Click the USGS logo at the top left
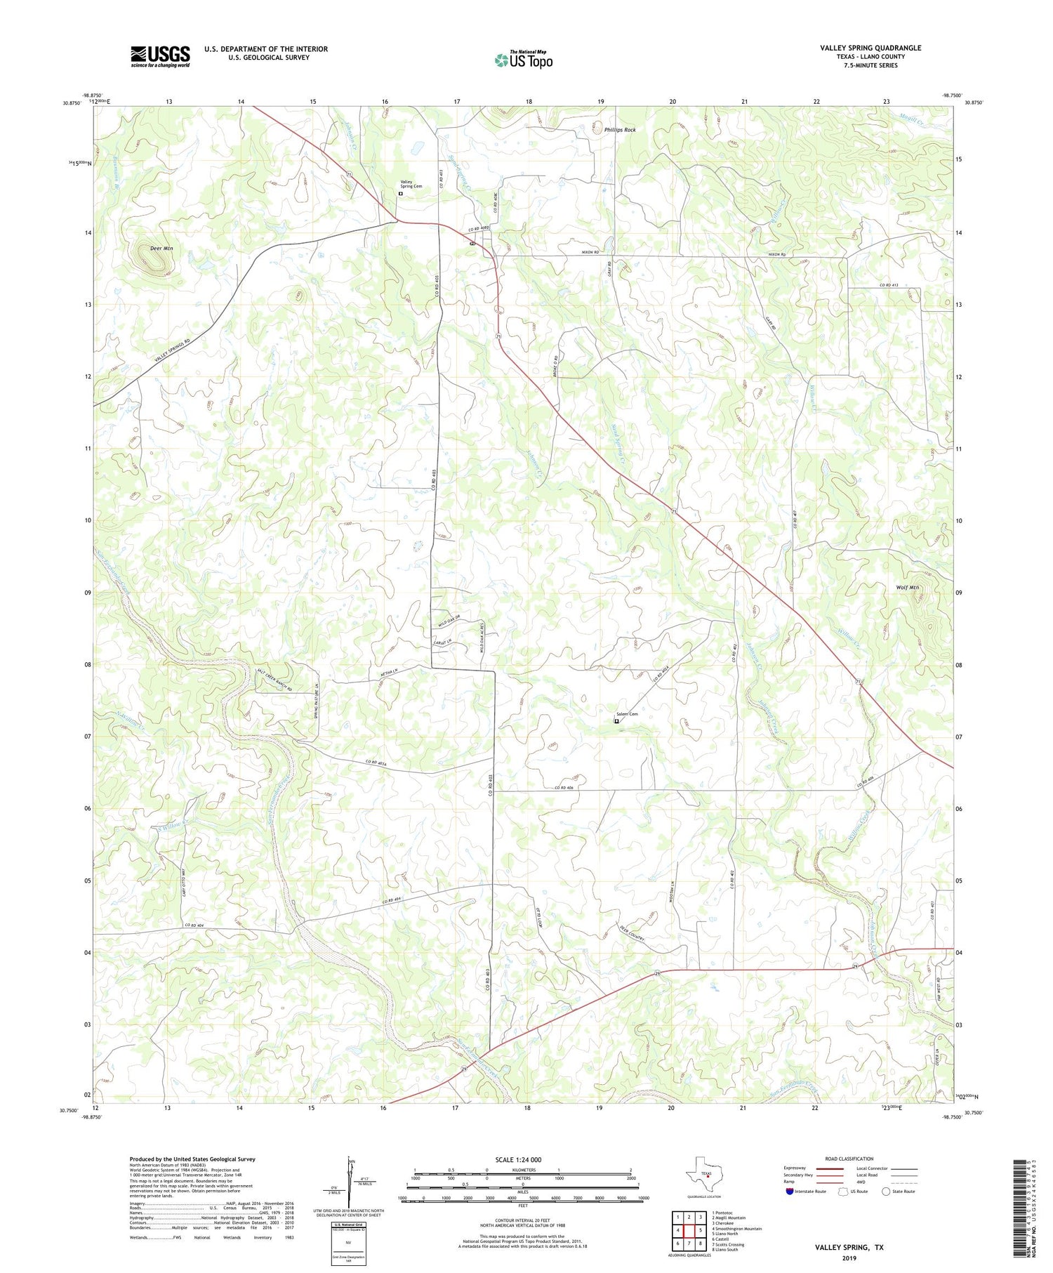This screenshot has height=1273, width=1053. [x=160, y=56]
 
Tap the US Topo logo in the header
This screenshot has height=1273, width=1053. [x=523, y=60]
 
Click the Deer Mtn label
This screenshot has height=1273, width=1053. [x=161, y=249]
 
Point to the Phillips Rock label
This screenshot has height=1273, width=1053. [x=620, y=130]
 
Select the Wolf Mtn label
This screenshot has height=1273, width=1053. [x=907, y=588]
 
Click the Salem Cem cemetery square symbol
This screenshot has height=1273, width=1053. [x=617, y=721]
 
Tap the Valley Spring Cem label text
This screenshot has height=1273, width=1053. [x=411, y=184]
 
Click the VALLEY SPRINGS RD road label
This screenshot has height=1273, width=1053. [x=173, y=350]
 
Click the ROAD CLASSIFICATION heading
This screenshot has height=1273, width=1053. [x=849, y=1159]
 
